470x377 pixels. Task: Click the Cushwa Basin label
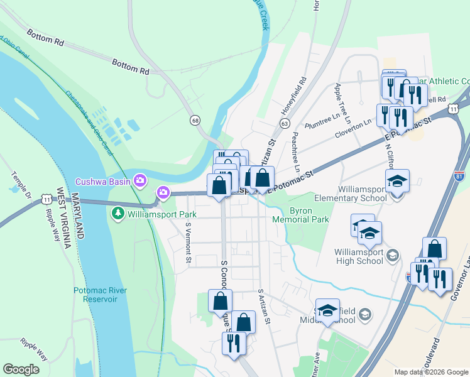tap(103, 182)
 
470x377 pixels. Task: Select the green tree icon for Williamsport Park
tap(117, 214)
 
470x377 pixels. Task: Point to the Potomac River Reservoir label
tap(100, 294)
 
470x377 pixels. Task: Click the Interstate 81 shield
tap(459, 176)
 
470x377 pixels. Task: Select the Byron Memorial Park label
tap(301, 215)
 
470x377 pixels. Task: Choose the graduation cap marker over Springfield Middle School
tap(327, 310)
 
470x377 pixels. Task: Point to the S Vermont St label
tap(187, 243)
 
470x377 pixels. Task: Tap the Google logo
tap(21, 369)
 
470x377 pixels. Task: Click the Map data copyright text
tap(431, 372)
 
